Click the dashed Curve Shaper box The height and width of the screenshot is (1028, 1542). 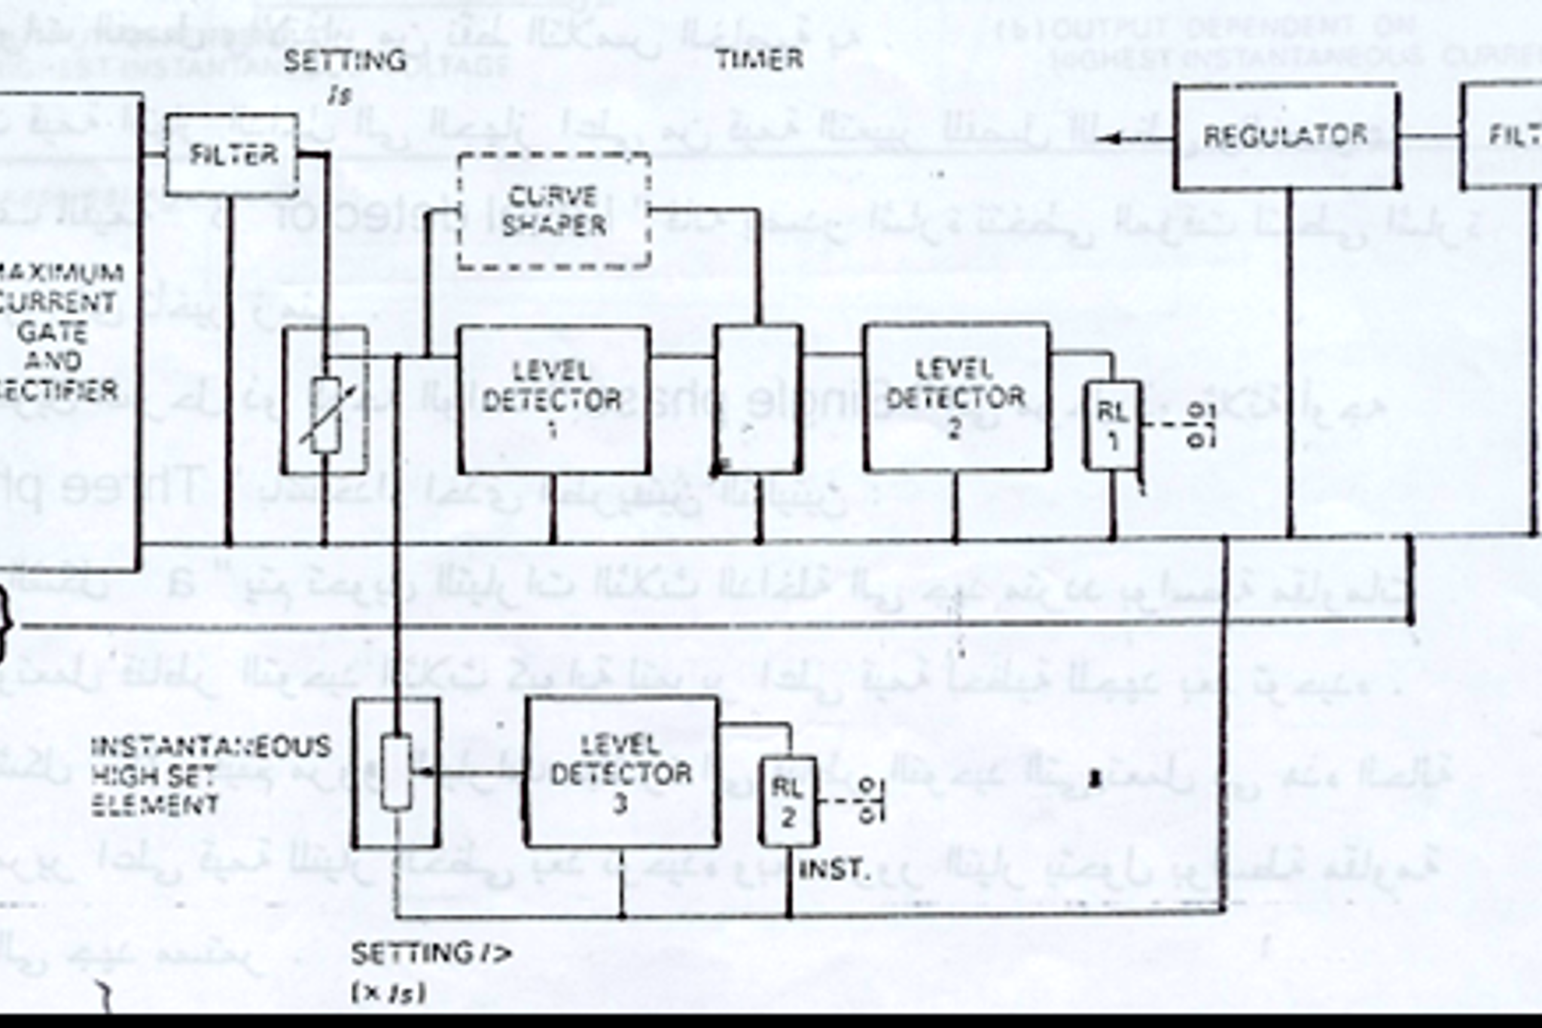click(554, 211)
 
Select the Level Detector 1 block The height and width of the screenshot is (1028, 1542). click(554, 399)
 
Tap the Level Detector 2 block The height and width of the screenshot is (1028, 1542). click(956, 397)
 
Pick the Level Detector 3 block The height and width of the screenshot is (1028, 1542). click(621, 772)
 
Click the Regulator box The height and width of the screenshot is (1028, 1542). click(1286, 137)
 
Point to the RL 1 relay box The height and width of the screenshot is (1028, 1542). click(1112, 425)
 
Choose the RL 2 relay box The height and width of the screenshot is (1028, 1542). click(788, 802)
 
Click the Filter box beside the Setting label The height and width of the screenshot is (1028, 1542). click(232, 155)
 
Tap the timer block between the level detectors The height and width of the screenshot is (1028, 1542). click(758, 399)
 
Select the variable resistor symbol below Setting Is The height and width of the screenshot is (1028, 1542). click(326, 414)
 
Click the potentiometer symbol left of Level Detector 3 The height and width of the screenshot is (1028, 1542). click(396, 772)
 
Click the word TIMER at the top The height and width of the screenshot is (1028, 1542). click(759, 59)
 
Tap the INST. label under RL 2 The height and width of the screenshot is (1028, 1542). click(834, 870)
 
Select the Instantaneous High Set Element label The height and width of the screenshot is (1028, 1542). click(203, 775)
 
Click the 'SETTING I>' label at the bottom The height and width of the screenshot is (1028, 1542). click(431, 954)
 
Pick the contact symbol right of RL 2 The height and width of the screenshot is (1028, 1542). click(867, 801)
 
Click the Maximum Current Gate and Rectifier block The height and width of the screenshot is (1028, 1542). click(68, 331)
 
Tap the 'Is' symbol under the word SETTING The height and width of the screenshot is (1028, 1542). click(340, 96)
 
